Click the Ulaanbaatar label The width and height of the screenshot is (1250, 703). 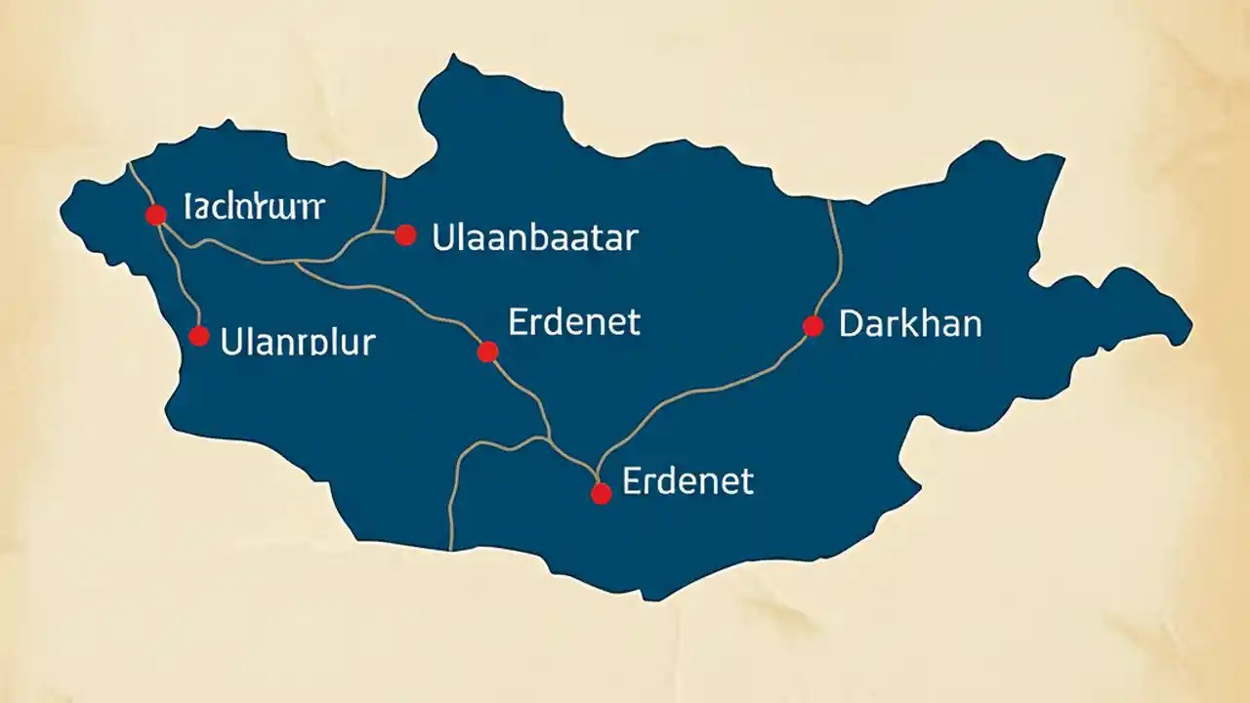(x=534, y=237)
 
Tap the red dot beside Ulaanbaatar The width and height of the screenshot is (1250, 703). (x=406, y=234)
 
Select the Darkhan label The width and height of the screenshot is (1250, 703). (x=909, y=324)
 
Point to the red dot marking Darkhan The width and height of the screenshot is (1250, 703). (x=812, y=326)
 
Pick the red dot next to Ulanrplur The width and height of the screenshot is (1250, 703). (x=199, y=336)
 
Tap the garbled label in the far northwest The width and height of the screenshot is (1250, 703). (x=254, y=207)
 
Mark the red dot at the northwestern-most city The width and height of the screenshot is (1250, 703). (x=155, y=215)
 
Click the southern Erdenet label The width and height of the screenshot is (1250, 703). (x=687, y=480)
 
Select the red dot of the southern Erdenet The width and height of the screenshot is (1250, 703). (x=602, y=494)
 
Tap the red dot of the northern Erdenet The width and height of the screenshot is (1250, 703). (x=488, y=351)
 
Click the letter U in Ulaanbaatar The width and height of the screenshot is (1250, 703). (x=441, y=237)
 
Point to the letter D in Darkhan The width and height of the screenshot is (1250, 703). (x=850, y=324)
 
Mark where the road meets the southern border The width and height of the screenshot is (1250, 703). (x=451, y=547)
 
